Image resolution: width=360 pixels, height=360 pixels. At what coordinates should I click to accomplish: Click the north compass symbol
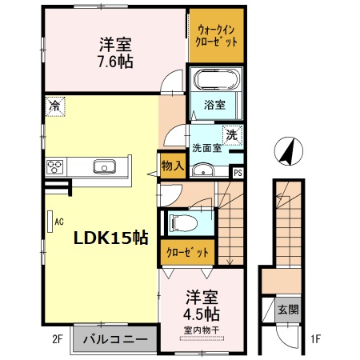(x=289, y=151)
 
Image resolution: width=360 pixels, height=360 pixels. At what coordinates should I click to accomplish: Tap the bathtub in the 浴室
(x=217, y=79)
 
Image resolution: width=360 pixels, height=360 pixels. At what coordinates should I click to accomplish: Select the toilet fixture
(x=184, y=223)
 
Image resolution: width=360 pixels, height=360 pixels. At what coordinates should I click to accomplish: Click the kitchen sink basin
(x=104, y=166)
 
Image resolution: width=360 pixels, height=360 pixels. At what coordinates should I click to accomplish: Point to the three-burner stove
(x=54, y=167)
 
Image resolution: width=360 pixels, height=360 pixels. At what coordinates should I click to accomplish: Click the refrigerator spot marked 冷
(x=55, y=106)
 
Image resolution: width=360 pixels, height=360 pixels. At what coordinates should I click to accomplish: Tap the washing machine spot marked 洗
(x=232, y=135)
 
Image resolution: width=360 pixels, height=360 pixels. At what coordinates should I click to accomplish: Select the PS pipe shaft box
(x=238, y=173)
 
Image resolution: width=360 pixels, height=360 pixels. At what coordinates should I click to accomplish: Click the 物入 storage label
(x=173, y=166)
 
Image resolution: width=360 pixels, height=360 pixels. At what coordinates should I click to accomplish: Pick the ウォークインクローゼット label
(x=216, y=36)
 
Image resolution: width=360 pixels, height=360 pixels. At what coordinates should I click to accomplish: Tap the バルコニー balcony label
(x=115, y=339)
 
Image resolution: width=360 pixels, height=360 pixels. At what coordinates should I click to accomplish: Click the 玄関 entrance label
(x=288, y=310)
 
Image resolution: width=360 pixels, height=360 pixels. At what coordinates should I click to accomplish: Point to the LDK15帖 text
(x=111, y=238)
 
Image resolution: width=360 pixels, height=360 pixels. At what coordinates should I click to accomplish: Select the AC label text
(x=59, y=222)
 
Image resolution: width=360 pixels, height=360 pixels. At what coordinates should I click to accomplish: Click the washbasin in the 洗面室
(x=203, y=170)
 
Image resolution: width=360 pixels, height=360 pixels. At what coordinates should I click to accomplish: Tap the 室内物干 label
(x=202, y=330)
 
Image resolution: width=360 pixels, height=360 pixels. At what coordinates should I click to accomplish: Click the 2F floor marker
(x=57, y=339)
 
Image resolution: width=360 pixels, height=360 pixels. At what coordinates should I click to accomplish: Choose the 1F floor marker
(x=315, y=339)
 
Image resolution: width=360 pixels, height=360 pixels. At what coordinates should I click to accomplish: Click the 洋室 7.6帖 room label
(x=116, y=53)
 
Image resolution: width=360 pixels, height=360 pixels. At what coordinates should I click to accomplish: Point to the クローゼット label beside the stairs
(x=187, y=252)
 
